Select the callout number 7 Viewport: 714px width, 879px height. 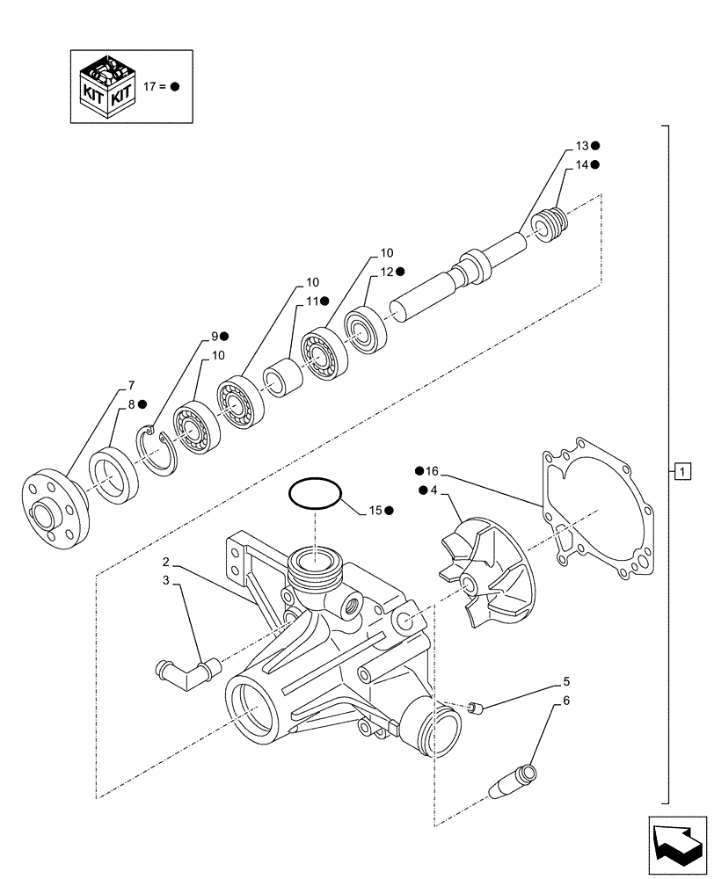coord(131,385)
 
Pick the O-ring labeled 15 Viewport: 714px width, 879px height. coord(314,492)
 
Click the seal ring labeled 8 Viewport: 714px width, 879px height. coord(114,476)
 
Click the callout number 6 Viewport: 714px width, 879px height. coord(565,701)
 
